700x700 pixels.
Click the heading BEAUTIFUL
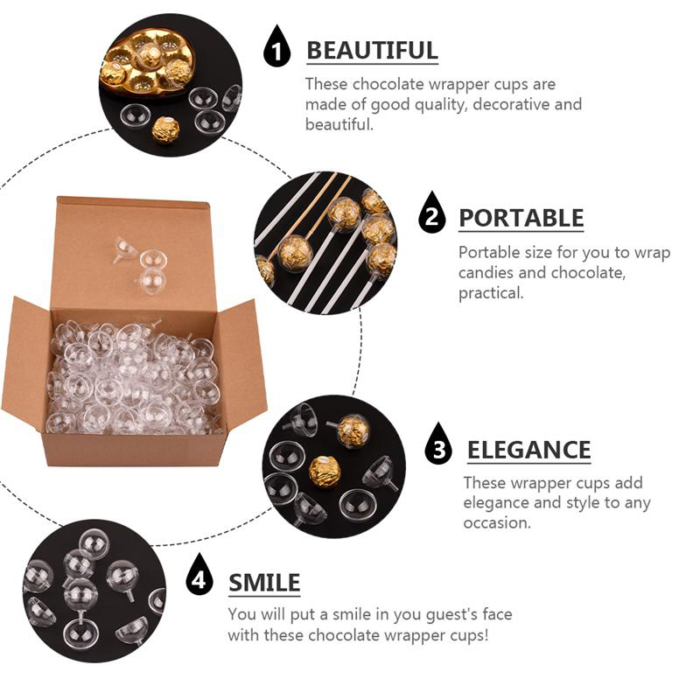372,50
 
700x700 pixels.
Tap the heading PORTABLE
521,218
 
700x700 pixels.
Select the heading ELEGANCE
529,450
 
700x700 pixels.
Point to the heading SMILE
264,583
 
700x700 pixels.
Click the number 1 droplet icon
276,46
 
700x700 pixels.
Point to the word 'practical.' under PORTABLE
491,293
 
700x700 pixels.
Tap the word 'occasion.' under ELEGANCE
497,522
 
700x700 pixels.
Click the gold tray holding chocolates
147,65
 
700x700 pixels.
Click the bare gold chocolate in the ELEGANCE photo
325,472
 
